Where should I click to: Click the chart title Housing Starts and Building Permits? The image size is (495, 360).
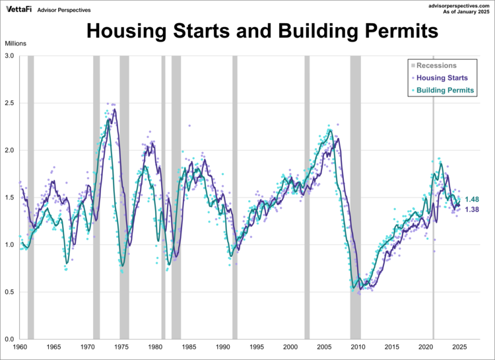[x=262, y=31]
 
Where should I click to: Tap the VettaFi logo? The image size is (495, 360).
[x=19, y=9]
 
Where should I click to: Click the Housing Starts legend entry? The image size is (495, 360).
[x=442, y=78]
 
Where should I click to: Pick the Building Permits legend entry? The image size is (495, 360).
[x=444, y=90]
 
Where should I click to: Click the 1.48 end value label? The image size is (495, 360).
[x=472, y=199]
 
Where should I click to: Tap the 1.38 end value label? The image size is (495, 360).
[x=472, y=209]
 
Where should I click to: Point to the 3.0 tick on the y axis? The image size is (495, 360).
[x=11, y=56]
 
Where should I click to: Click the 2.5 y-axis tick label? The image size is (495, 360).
[x=11, y=103]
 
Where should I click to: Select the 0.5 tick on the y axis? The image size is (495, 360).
[x=11, y=292]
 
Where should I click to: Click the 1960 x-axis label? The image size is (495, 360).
[x=20, y=347]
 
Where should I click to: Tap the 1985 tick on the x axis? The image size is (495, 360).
[x=189, y=347]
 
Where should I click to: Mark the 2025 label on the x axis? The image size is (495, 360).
[x=460, y=347]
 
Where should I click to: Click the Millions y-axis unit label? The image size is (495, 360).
[x=17, y=44]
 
